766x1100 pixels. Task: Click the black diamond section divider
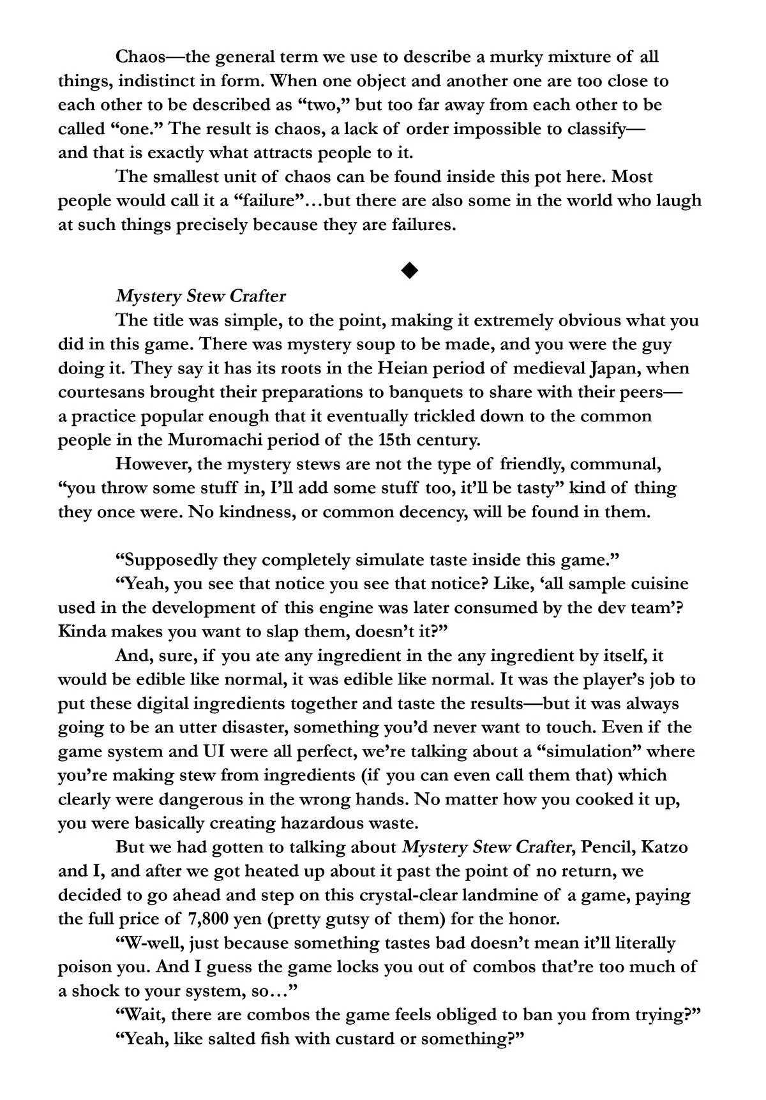point(409,271)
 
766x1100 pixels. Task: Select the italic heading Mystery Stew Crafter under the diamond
point(200,296)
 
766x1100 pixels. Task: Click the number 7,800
point(210,919)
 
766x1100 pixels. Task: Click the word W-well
point(149,943)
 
